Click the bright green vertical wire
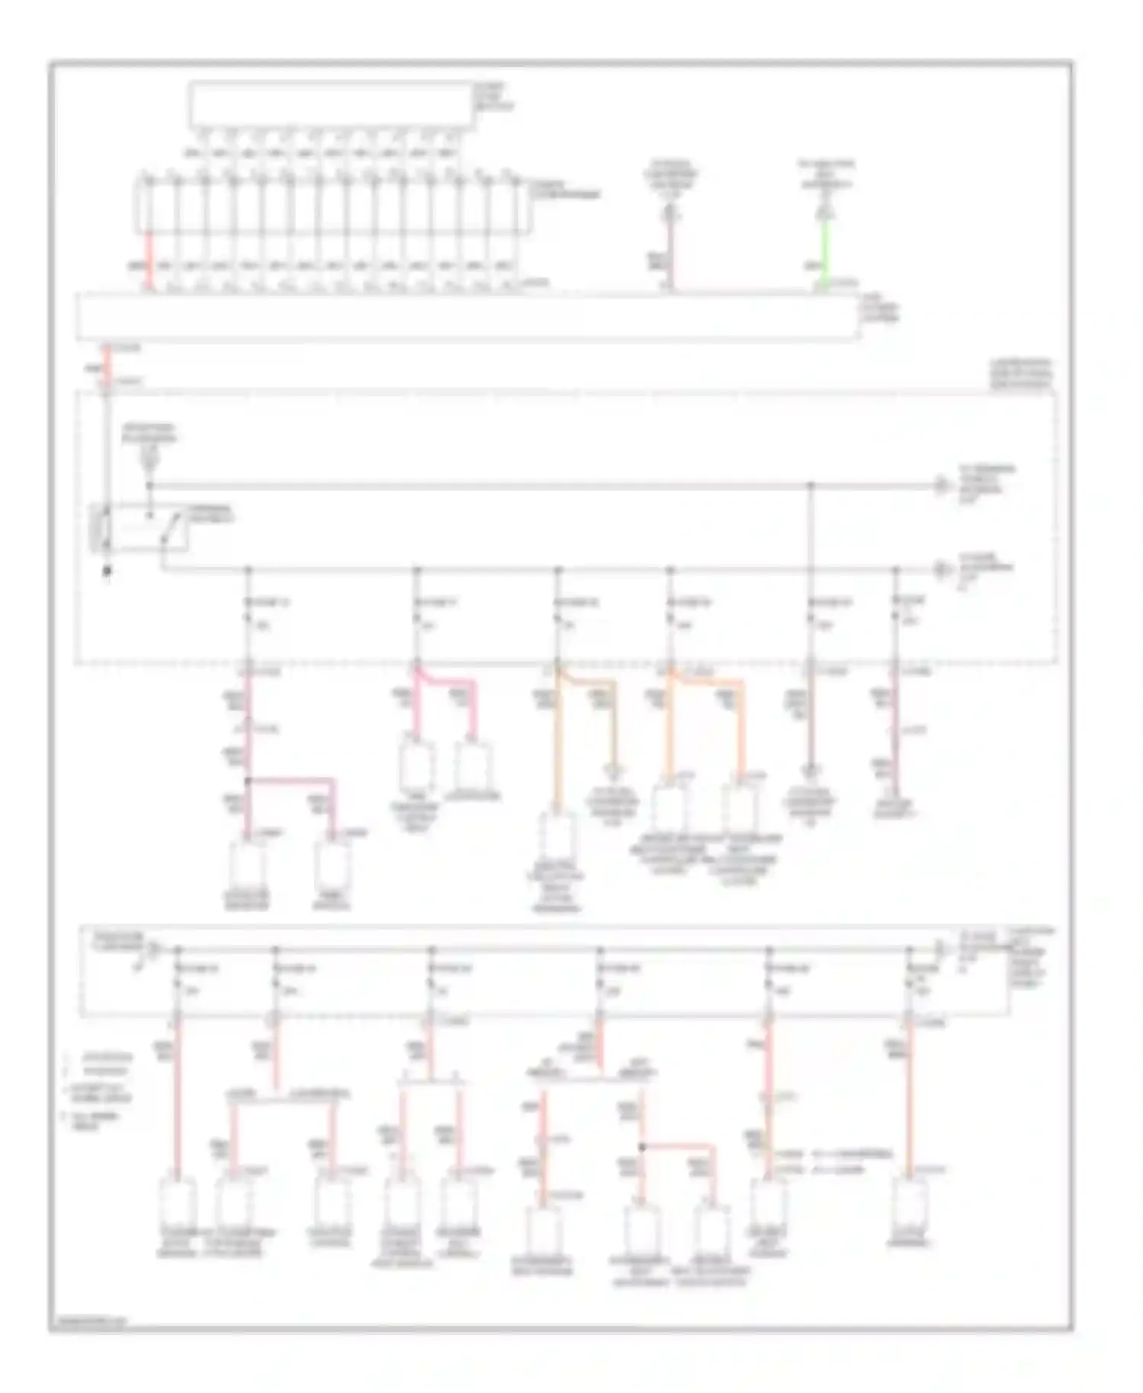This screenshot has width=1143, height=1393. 825,251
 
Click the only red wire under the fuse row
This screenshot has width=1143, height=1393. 150,259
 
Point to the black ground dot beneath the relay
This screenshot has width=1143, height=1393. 107,570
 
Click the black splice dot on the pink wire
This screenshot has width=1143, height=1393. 248,781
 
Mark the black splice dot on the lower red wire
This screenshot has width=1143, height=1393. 642,1146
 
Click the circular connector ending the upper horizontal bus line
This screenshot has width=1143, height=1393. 943,485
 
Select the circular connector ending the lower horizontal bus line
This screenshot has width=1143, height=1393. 943,568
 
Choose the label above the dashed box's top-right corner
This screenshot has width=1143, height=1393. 1021,374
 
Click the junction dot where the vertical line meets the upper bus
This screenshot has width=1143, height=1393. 811,485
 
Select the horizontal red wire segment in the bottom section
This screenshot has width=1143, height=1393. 678,1145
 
